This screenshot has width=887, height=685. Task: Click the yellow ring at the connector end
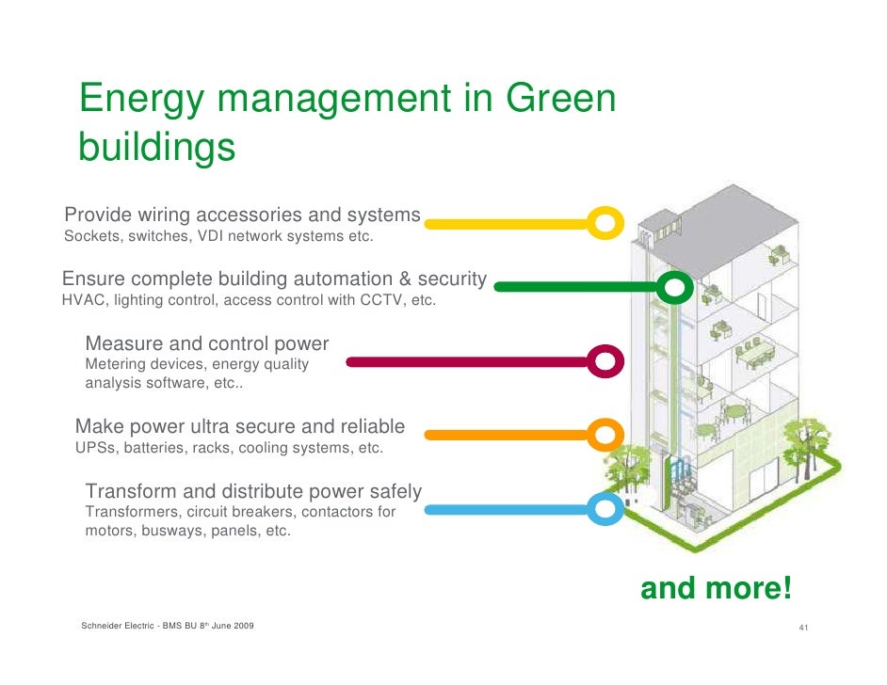[605, 223]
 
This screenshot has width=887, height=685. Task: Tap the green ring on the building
[674, 287]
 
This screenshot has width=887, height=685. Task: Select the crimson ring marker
[605, 361]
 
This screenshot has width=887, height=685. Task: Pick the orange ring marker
[605, 435]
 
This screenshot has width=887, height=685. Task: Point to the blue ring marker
[605, 510]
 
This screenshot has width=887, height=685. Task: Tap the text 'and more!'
[716, 589]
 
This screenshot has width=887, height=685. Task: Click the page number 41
[803, 628]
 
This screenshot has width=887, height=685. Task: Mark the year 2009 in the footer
[240, 627]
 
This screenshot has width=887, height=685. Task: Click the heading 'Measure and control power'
[207, 343]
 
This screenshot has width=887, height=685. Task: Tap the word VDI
[210, 235]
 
